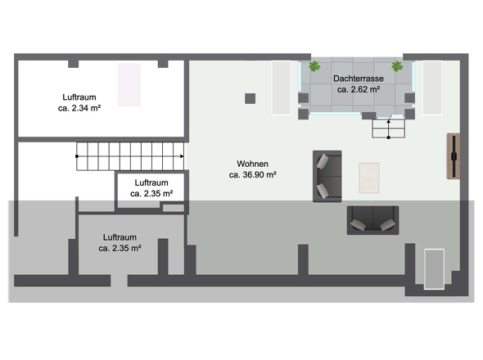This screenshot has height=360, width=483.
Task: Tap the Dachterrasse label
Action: coord(359,79)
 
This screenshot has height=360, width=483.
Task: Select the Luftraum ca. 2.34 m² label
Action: coord(79,102)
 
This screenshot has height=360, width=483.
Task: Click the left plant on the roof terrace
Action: coord(314,66)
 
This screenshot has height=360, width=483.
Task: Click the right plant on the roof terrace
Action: coord(397,66)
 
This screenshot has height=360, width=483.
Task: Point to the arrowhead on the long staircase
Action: coord(182,156)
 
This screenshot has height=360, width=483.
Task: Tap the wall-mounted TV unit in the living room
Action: coord(454,156)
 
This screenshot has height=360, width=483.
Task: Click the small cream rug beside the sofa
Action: coord(368,178)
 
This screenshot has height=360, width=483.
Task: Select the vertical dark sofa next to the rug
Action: coord(327,176)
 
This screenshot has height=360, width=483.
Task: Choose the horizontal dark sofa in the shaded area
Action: coord(372,220)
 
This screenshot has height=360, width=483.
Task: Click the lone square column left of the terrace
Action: coord(251,98)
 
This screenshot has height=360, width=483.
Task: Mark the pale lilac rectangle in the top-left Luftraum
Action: coord(129,85)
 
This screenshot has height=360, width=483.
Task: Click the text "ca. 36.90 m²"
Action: coord(252,174)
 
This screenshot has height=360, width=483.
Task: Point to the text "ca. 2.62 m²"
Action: coord(359,89)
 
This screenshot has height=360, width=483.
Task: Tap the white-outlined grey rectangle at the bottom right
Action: coord(434,269)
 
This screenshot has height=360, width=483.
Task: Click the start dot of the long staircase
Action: coord(77,156)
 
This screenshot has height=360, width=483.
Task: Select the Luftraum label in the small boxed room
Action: coord(151,182)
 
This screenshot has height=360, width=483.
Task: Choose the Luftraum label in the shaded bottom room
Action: coord(120,237)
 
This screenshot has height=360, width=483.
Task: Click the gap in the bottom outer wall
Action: coord(120,281)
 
